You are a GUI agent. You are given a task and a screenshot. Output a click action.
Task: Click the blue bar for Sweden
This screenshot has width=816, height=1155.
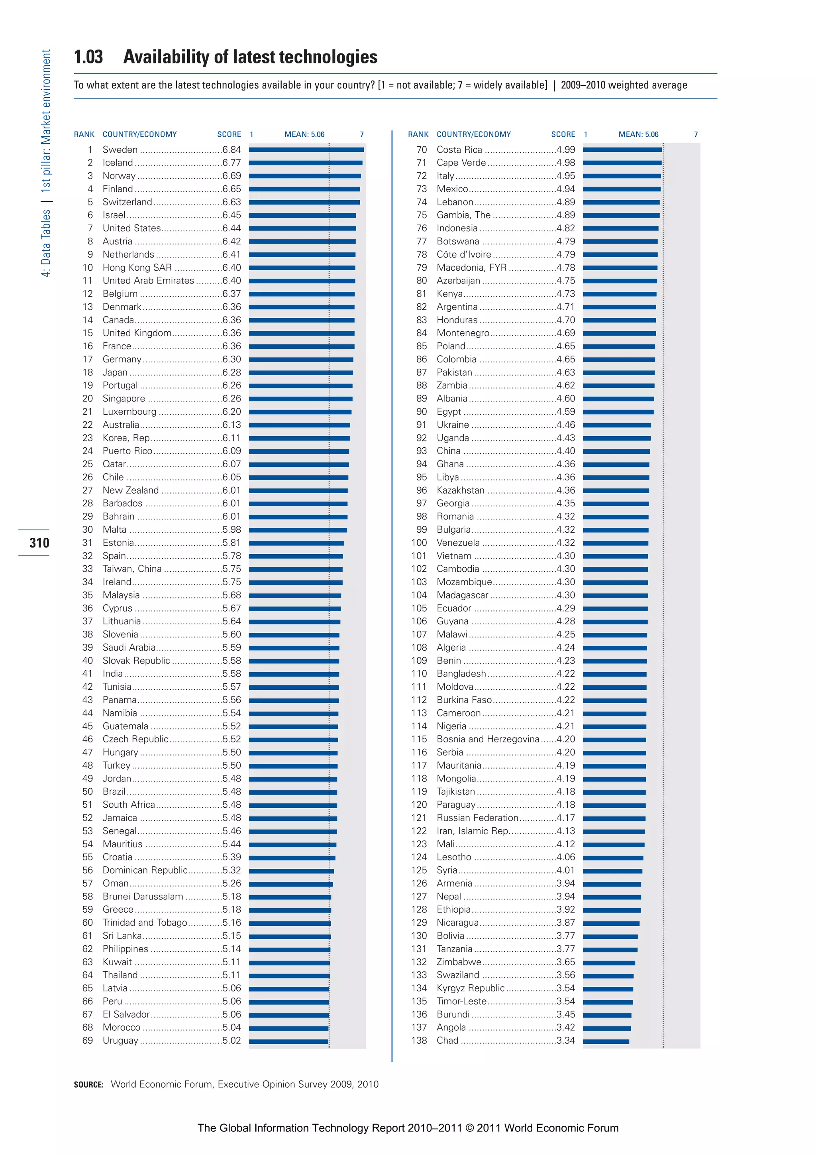(x=306, y=150)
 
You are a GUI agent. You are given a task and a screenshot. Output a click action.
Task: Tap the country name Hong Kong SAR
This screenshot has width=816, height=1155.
(x=137, y=268)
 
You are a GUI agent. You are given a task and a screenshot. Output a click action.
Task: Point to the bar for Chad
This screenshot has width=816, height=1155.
(x=606, y=1041)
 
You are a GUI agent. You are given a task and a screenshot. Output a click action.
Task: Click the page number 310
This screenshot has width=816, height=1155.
(x=39, y=543)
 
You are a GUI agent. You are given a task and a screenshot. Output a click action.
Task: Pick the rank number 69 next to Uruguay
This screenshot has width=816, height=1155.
(x=88, y=1040)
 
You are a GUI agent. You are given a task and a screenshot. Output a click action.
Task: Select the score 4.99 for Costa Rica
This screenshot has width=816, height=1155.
(x=566, y=150)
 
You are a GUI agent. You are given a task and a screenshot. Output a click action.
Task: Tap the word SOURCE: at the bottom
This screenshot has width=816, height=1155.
(x=88, y=1084)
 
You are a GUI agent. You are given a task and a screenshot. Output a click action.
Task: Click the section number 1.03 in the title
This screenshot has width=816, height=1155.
(x=88, y=57)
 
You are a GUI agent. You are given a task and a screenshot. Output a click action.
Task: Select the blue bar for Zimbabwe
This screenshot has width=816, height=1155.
(x=609, y=963)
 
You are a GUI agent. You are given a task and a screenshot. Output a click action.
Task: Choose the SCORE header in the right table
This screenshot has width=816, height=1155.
(x=563, y=134)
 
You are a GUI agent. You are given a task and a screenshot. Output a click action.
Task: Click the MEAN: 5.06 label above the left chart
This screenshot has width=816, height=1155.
(x=304, y=134)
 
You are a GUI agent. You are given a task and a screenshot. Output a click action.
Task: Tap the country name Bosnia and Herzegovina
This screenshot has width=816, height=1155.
(x=488, y=740)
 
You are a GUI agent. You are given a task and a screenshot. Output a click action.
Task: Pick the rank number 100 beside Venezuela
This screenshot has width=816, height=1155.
(x=419, y=543)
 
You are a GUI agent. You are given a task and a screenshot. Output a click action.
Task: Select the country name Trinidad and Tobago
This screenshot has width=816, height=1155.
(x=145, y=923)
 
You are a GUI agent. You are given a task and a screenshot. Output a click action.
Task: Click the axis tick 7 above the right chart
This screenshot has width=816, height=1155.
(x=696, y=134)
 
